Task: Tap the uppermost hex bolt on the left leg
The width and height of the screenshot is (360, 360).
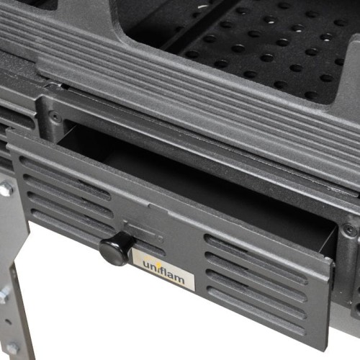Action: click(x=6, y=189)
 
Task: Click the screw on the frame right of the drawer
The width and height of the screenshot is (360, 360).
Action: click(x=350, y=230)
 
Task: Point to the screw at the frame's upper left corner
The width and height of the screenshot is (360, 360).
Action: click(x=56, y=115)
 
